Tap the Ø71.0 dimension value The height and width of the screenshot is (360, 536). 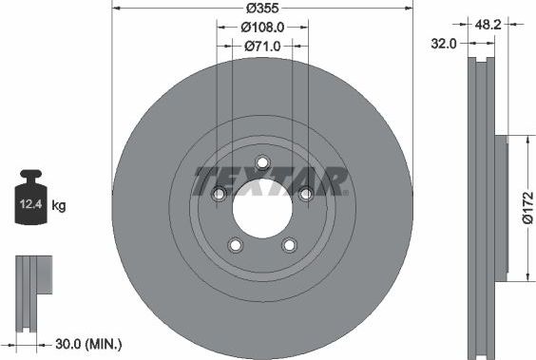tap(261, 45)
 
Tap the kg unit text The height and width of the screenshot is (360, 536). tap(58, 205)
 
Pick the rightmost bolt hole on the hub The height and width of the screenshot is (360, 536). tap(305, 194)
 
